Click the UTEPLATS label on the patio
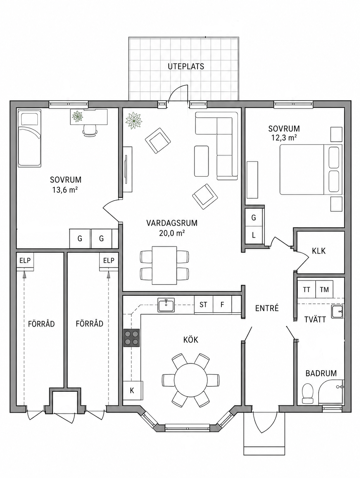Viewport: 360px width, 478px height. point(186,66)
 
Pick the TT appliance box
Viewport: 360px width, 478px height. point(306,290)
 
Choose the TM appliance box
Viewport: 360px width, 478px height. point(324,290)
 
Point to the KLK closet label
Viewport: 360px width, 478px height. point(319,251)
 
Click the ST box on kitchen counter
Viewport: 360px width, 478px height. point(203,305)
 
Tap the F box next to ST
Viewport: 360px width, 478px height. point(222,305)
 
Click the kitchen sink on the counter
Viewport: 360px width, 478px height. point(166,305)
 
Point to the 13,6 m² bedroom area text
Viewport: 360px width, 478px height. point(65,190)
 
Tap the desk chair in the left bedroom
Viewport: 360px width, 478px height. point(90,130)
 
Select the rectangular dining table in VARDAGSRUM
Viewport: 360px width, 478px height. point(164,265)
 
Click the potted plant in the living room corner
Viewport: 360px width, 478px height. point(133,120)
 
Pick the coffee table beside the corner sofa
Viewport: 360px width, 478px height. point(201,161)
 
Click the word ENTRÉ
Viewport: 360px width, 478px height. point(267,308)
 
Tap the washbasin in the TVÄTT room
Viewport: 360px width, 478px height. point(337,312)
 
